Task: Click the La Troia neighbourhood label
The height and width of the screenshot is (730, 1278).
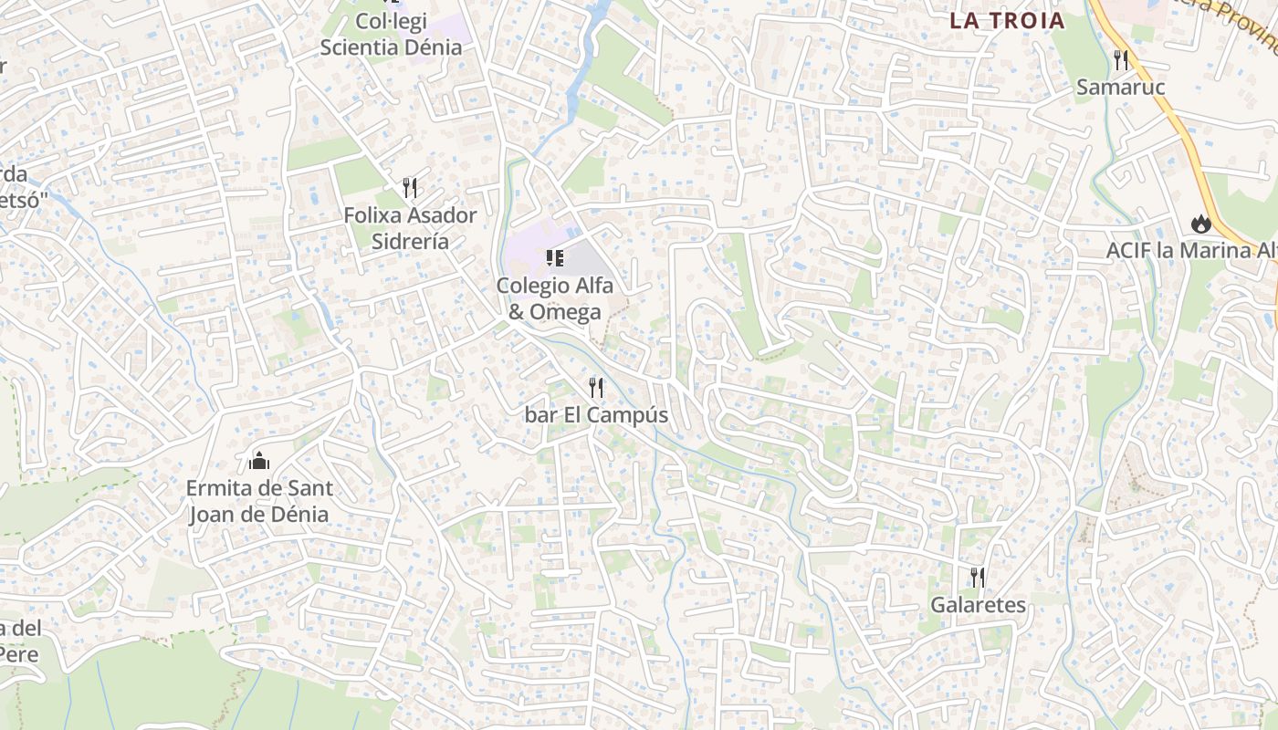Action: click(x=1007, y=21)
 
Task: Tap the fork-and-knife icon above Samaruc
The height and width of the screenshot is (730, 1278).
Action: click(x=1121, y=60)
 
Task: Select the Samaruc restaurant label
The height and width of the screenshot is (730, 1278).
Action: click(x=1121, y=88)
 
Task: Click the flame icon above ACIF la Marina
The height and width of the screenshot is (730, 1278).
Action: click(x=1199, y=223)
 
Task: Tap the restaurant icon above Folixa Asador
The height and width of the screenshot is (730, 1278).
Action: click(x=410, y=188)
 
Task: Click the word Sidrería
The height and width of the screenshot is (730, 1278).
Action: click(x=410, y=242)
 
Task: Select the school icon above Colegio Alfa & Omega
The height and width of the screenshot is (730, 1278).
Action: click(x=554, y=258)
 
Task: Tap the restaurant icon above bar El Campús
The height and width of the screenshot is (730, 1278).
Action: click(x=596, y=388)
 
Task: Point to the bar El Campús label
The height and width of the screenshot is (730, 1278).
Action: click(x=596, y=415)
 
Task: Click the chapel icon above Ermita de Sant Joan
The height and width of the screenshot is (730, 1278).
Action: click(x=259, y=460)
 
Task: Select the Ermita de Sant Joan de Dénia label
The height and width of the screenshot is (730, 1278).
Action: click(x=259, y=501)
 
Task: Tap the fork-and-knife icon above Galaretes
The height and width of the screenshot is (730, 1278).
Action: click(x=978, y=577)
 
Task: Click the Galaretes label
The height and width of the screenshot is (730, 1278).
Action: click(x=978, y=605)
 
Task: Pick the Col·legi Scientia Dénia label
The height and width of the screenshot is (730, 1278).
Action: click(x=391, y=34)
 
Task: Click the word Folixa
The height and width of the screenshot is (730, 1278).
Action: click(x=374, y=215)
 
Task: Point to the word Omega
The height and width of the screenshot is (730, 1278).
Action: click(x=566, y=312)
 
